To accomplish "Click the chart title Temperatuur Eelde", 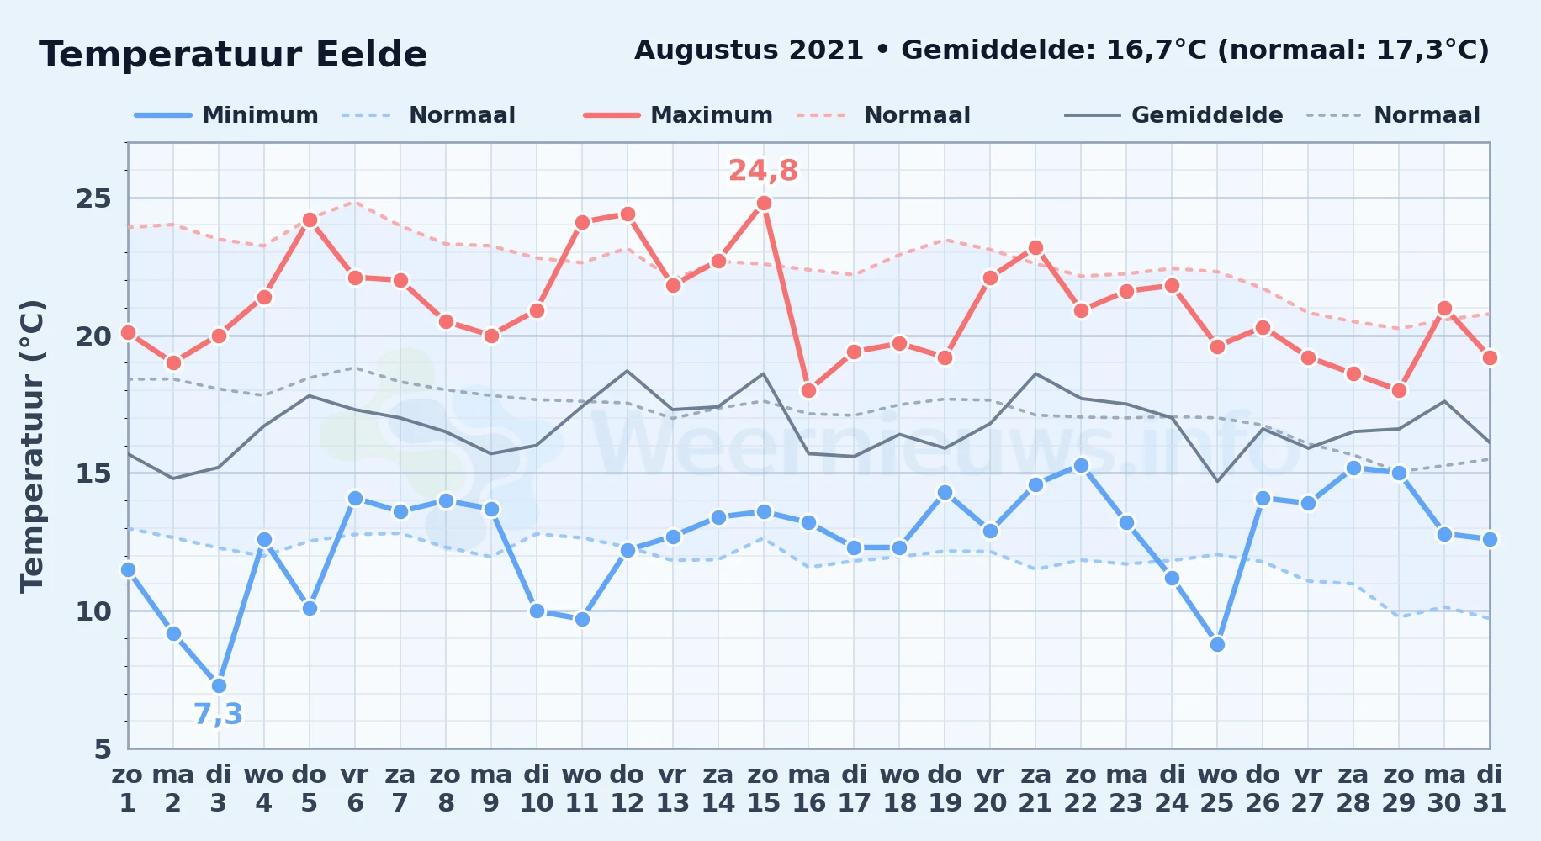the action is (233, 55).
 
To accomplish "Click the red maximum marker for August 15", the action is (764, 203).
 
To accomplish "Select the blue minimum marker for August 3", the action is (219, 685).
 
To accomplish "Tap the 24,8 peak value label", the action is (763, 171).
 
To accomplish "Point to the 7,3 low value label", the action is (218, 714).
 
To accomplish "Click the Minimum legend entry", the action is (226, 115).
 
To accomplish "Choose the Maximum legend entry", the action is (678, 115).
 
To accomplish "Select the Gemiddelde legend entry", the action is (1173, 115).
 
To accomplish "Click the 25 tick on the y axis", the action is (93, 198).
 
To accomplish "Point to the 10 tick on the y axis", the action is (93, 611).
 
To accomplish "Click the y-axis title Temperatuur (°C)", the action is (32, 446).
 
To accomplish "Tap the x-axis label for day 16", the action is (809, 789).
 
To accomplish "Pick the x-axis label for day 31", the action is (1490, 789).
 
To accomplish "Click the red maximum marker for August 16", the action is (809, 390).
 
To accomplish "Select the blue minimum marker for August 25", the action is (1217, 644).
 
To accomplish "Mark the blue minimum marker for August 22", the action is (1081, 465).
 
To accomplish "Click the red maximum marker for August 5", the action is (310, 220).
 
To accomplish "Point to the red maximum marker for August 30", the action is (1444, 308).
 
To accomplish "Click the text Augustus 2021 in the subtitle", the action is (749, 50).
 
